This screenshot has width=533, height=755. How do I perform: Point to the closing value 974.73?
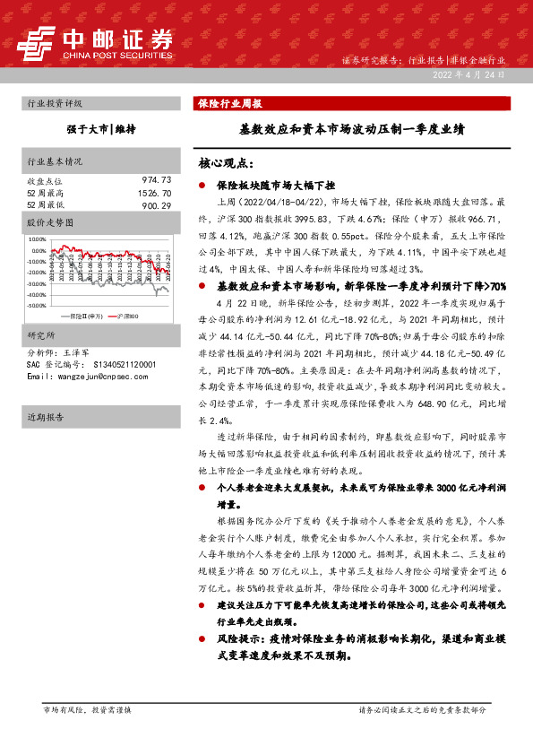pos(154,180)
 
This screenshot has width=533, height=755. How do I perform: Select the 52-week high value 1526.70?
pos(152,193)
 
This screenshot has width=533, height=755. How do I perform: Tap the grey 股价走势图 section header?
pos(48,221)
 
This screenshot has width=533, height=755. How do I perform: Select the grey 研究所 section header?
pos(41,335)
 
